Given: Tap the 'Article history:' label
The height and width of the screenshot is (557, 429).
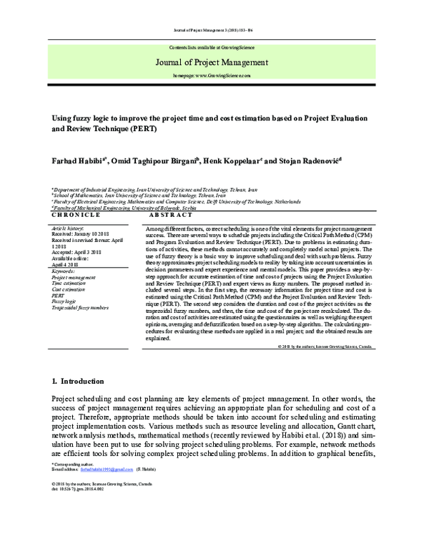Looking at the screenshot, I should point(70,224).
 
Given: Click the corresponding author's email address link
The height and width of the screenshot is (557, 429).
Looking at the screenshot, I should point(107,469).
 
